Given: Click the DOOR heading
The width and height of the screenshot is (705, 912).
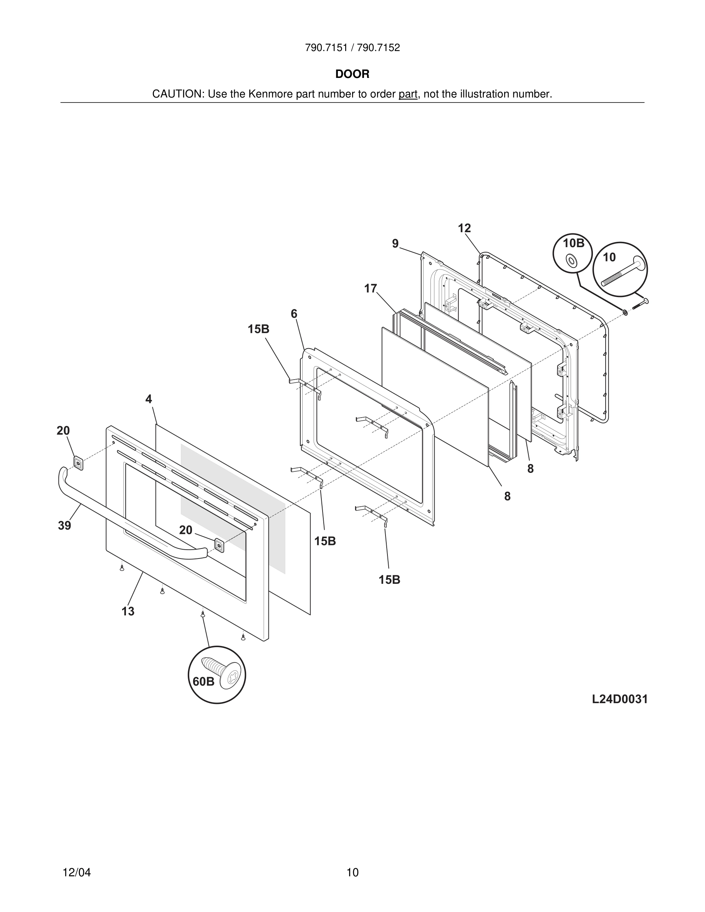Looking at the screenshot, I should [352, 74].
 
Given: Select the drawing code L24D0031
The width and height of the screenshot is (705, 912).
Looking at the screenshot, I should [619, 699].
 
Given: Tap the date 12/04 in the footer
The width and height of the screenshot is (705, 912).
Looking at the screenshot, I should [76, 872].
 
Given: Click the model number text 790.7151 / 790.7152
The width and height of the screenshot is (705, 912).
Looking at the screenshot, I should [352, 48].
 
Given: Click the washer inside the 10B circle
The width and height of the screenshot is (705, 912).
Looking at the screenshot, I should [571, 261].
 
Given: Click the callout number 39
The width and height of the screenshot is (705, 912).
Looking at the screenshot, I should [65, 526].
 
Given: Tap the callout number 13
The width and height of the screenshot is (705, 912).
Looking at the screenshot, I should [128, 611].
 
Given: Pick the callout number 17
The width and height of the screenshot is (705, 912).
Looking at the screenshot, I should [370, 289].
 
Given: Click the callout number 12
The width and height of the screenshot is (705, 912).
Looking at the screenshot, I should [464, 228].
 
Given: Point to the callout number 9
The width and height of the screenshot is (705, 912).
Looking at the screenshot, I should [395, 244].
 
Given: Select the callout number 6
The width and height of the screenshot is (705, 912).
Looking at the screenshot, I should [294, 314].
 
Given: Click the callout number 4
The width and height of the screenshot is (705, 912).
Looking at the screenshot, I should [148, 399].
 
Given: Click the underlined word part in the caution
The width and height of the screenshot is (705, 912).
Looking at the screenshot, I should [408, 94].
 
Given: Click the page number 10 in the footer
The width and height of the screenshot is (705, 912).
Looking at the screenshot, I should [352, 872].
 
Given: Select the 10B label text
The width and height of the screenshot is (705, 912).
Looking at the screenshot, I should [573, 244].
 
